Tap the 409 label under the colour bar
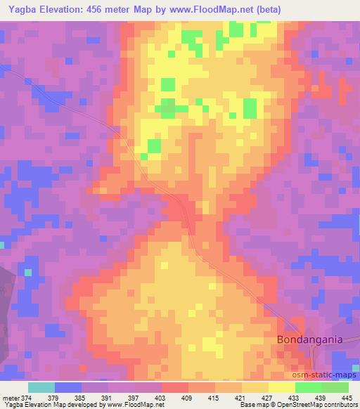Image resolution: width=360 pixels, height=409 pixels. (186, 397)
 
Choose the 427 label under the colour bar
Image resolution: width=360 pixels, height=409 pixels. (264, 397)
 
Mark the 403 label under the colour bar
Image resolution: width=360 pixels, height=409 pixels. (160, 397)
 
